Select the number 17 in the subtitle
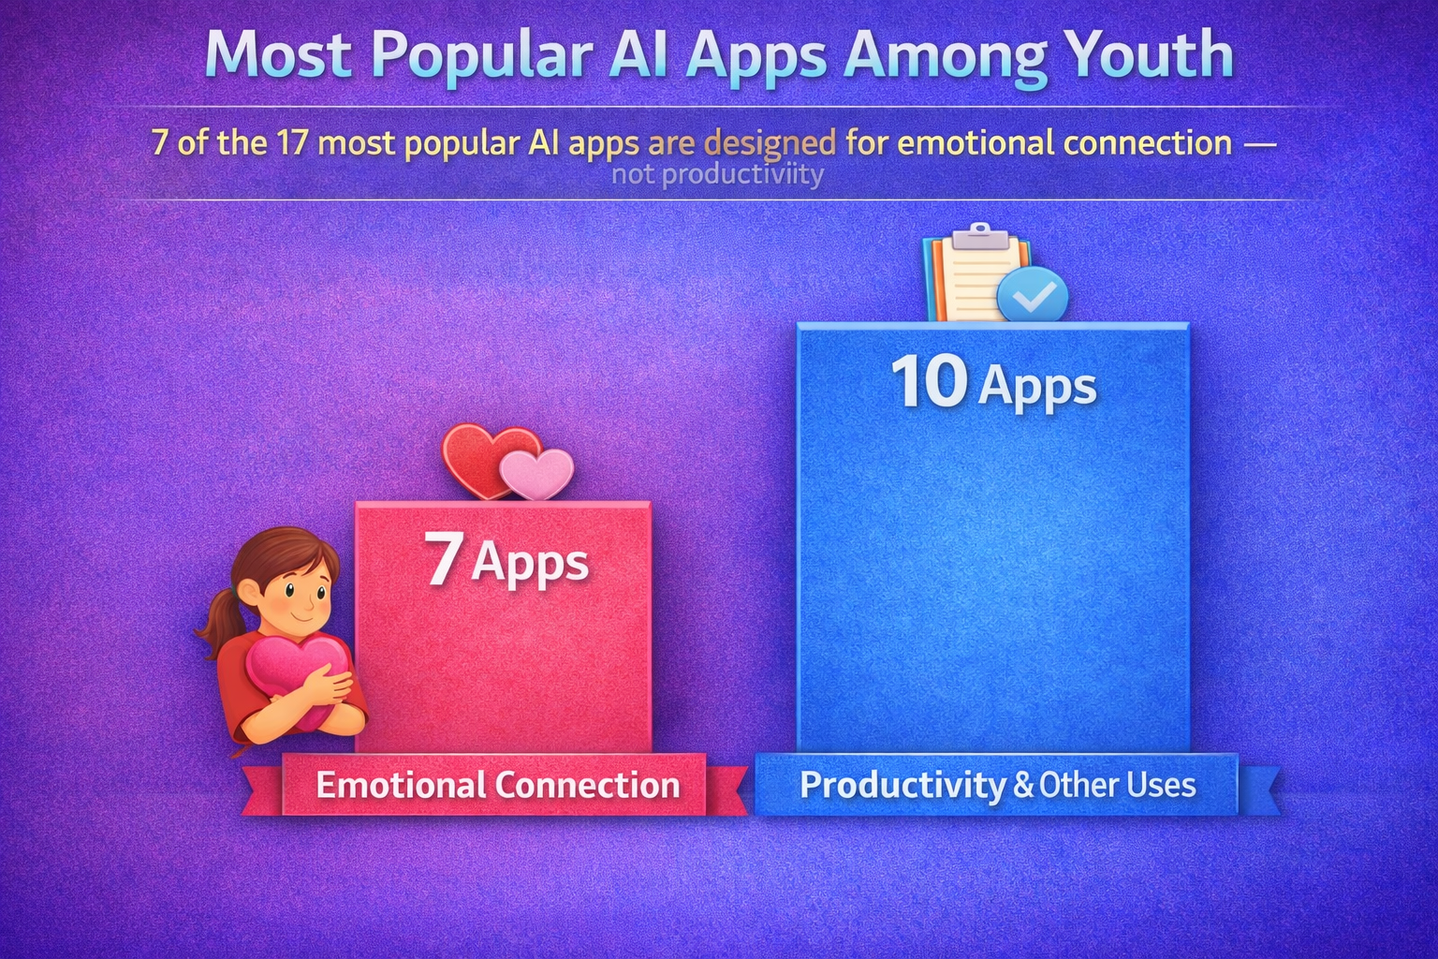click(x=292, y=143)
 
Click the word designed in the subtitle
click(x=770, y=143)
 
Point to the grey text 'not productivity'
click(x=717, y=175)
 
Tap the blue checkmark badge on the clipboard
click(x=1032, y=296)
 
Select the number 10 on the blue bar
click(x=929, y=382)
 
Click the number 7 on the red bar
click(x=443, y=559)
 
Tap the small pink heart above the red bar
click(x=536, y=473)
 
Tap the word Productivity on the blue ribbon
click(x=902, y=785)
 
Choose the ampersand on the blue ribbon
click(x=1023, y=785)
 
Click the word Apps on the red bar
click(x=530, y=564)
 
